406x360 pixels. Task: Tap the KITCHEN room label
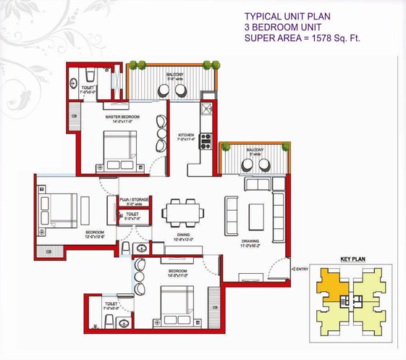(x=187, y=134)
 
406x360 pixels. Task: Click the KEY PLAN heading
(x=351, y=259)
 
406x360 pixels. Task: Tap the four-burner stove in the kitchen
(x=206, y=141)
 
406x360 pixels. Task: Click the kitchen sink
(x=206, y=111)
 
